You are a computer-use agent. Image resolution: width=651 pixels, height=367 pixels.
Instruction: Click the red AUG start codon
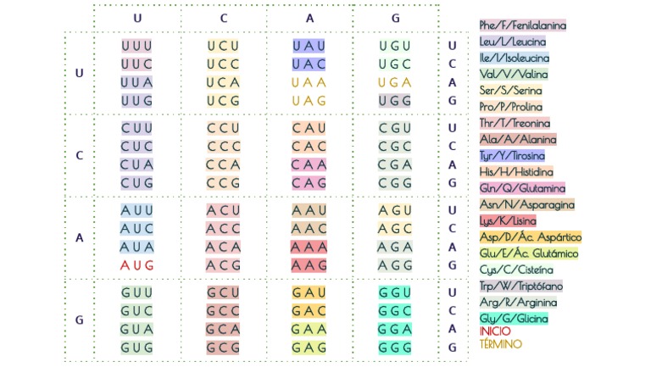(136, 265)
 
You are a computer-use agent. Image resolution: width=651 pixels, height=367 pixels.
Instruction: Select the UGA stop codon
(395, 83)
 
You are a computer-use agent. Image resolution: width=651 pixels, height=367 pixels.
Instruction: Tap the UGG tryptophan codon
(395, 101)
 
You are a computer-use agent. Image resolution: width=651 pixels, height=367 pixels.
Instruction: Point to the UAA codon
(309, 83)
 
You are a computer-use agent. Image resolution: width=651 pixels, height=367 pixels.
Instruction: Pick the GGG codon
(395, 348)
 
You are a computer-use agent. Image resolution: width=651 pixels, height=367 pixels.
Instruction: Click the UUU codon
(136, 46)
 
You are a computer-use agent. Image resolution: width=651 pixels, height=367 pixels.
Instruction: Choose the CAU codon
(309, 128)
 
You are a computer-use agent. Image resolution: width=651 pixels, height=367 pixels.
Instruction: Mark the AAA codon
(309, 247)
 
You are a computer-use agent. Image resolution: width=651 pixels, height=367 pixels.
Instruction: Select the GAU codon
(309, 292)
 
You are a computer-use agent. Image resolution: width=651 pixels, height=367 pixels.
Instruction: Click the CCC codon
(223, 146)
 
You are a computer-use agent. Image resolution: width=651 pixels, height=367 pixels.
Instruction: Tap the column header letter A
(309, 18)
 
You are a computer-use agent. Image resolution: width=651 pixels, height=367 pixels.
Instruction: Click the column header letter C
(223, 18)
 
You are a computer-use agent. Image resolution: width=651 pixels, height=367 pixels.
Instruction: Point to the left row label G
(80, 320)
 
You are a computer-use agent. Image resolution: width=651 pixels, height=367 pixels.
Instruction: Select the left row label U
(80, 73)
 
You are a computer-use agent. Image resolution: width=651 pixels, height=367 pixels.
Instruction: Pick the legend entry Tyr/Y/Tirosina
(511, 156)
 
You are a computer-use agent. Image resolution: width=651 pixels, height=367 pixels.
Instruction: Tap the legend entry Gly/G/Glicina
(513, 319)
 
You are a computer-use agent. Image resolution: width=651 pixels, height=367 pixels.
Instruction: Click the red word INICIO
(495, 331)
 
